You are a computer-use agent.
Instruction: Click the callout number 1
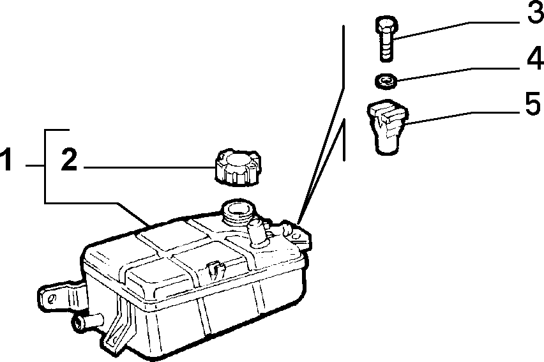pyautogui.click(x=7, y=160)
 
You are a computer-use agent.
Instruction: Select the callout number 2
pyautogui.click(x=69, y=160)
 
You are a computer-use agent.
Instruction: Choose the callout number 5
pyautogui.click(x=533, y=103)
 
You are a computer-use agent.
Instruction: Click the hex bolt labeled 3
pyautogui.click(x=386, y=38)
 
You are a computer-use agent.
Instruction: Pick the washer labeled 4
pyautogui.click(x=386, y=81)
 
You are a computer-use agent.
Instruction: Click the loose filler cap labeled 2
pyautogui.click(x=238, y=167)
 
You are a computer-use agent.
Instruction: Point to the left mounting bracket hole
pyautogui.click(x=52, y=299)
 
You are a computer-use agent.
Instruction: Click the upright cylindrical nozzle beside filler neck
pyautogui.click(x=259, y=233)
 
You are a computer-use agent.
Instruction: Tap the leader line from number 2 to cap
pyautogui.click(x=149, y=168)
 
